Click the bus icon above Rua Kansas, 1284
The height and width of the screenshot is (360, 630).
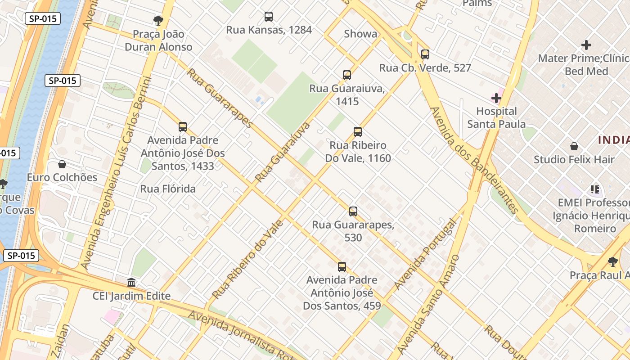point(269,17)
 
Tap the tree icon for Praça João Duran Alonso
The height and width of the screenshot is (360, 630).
point(158,20)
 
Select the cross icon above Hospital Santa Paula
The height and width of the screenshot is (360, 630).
point(496,98)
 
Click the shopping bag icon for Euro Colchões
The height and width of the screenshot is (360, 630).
point(62,164)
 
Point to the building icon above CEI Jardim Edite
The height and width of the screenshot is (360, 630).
point(131,283)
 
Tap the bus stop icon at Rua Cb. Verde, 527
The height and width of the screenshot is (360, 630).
point(425,54)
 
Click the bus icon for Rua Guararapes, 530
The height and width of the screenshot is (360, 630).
point(353,211)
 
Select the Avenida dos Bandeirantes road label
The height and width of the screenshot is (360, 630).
point(474,160)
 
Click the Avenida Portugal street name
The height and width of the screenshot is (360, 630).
point(425,255)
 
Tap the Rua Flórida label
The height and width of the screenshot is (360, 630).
point(168,189)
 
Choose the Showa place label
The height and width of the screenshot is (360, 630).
point(360,34)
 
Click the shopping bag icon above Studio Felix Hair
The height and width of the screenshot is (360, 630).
point(574,146)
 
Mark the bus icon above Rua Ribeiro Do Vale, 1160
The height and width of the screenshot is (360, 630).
point(358,132)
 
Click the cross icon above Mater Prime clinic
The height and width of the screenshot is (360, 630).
point(586,45)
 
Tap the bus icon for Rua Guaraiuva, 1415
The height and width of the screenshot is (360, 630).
point(347,75)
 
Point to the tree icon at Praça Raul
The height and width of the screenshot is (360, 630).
point(612,261)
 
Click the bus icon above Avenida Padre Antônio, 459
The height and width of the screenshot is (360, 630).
point(342,267)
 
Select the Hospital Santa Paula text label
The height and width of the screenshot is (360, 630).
point(496,117)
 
